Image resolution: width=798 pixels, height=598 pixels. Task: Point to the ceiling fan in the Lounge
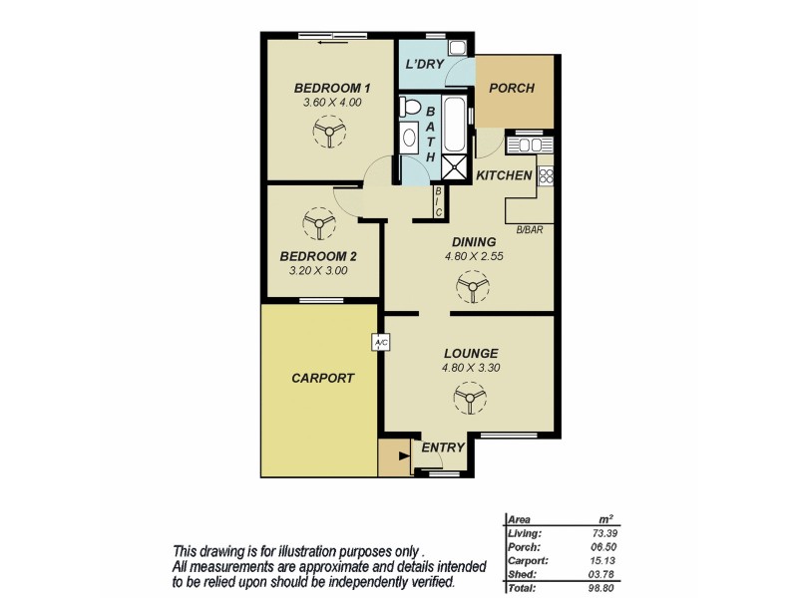[x=470, y=400]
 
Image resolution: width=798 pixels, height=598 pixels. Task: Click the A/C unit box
[x=380, y=342]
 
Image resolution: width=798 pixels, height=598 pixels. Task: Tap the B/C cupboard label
[x=438, y=202]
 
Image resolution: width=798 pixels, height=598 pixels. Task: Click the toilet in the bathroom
[x=408, y=107]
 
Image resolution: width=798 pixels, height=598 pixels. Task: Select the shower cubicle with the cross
[x=454, y=167]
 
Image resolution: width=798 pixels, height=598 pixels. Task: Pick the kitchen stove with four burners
[x=546, y=176]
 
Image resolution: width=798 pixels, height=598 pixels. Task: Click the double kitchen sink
[x=527, y=146]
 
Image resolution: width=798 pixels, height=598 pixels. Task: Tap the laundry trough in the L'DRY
[x=457, y=48]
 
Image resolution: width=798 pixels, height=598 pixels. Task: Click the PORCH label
[x=512, y=88]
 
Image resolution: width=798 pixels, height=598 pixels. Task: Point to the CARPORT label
[x=321, y=379]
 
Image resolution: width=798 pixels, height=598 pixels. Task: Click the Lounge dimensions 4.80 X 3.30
[x=470, y=368]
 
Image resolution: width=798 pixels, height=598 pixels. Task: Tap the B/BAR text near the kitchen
[x=529, y=231]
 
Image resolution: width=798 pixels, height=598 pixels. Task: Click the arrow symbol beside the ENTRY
[x=402, y=457]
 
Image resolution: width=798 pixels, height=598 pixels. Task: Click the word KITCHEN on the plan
[x=504, y=175]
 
